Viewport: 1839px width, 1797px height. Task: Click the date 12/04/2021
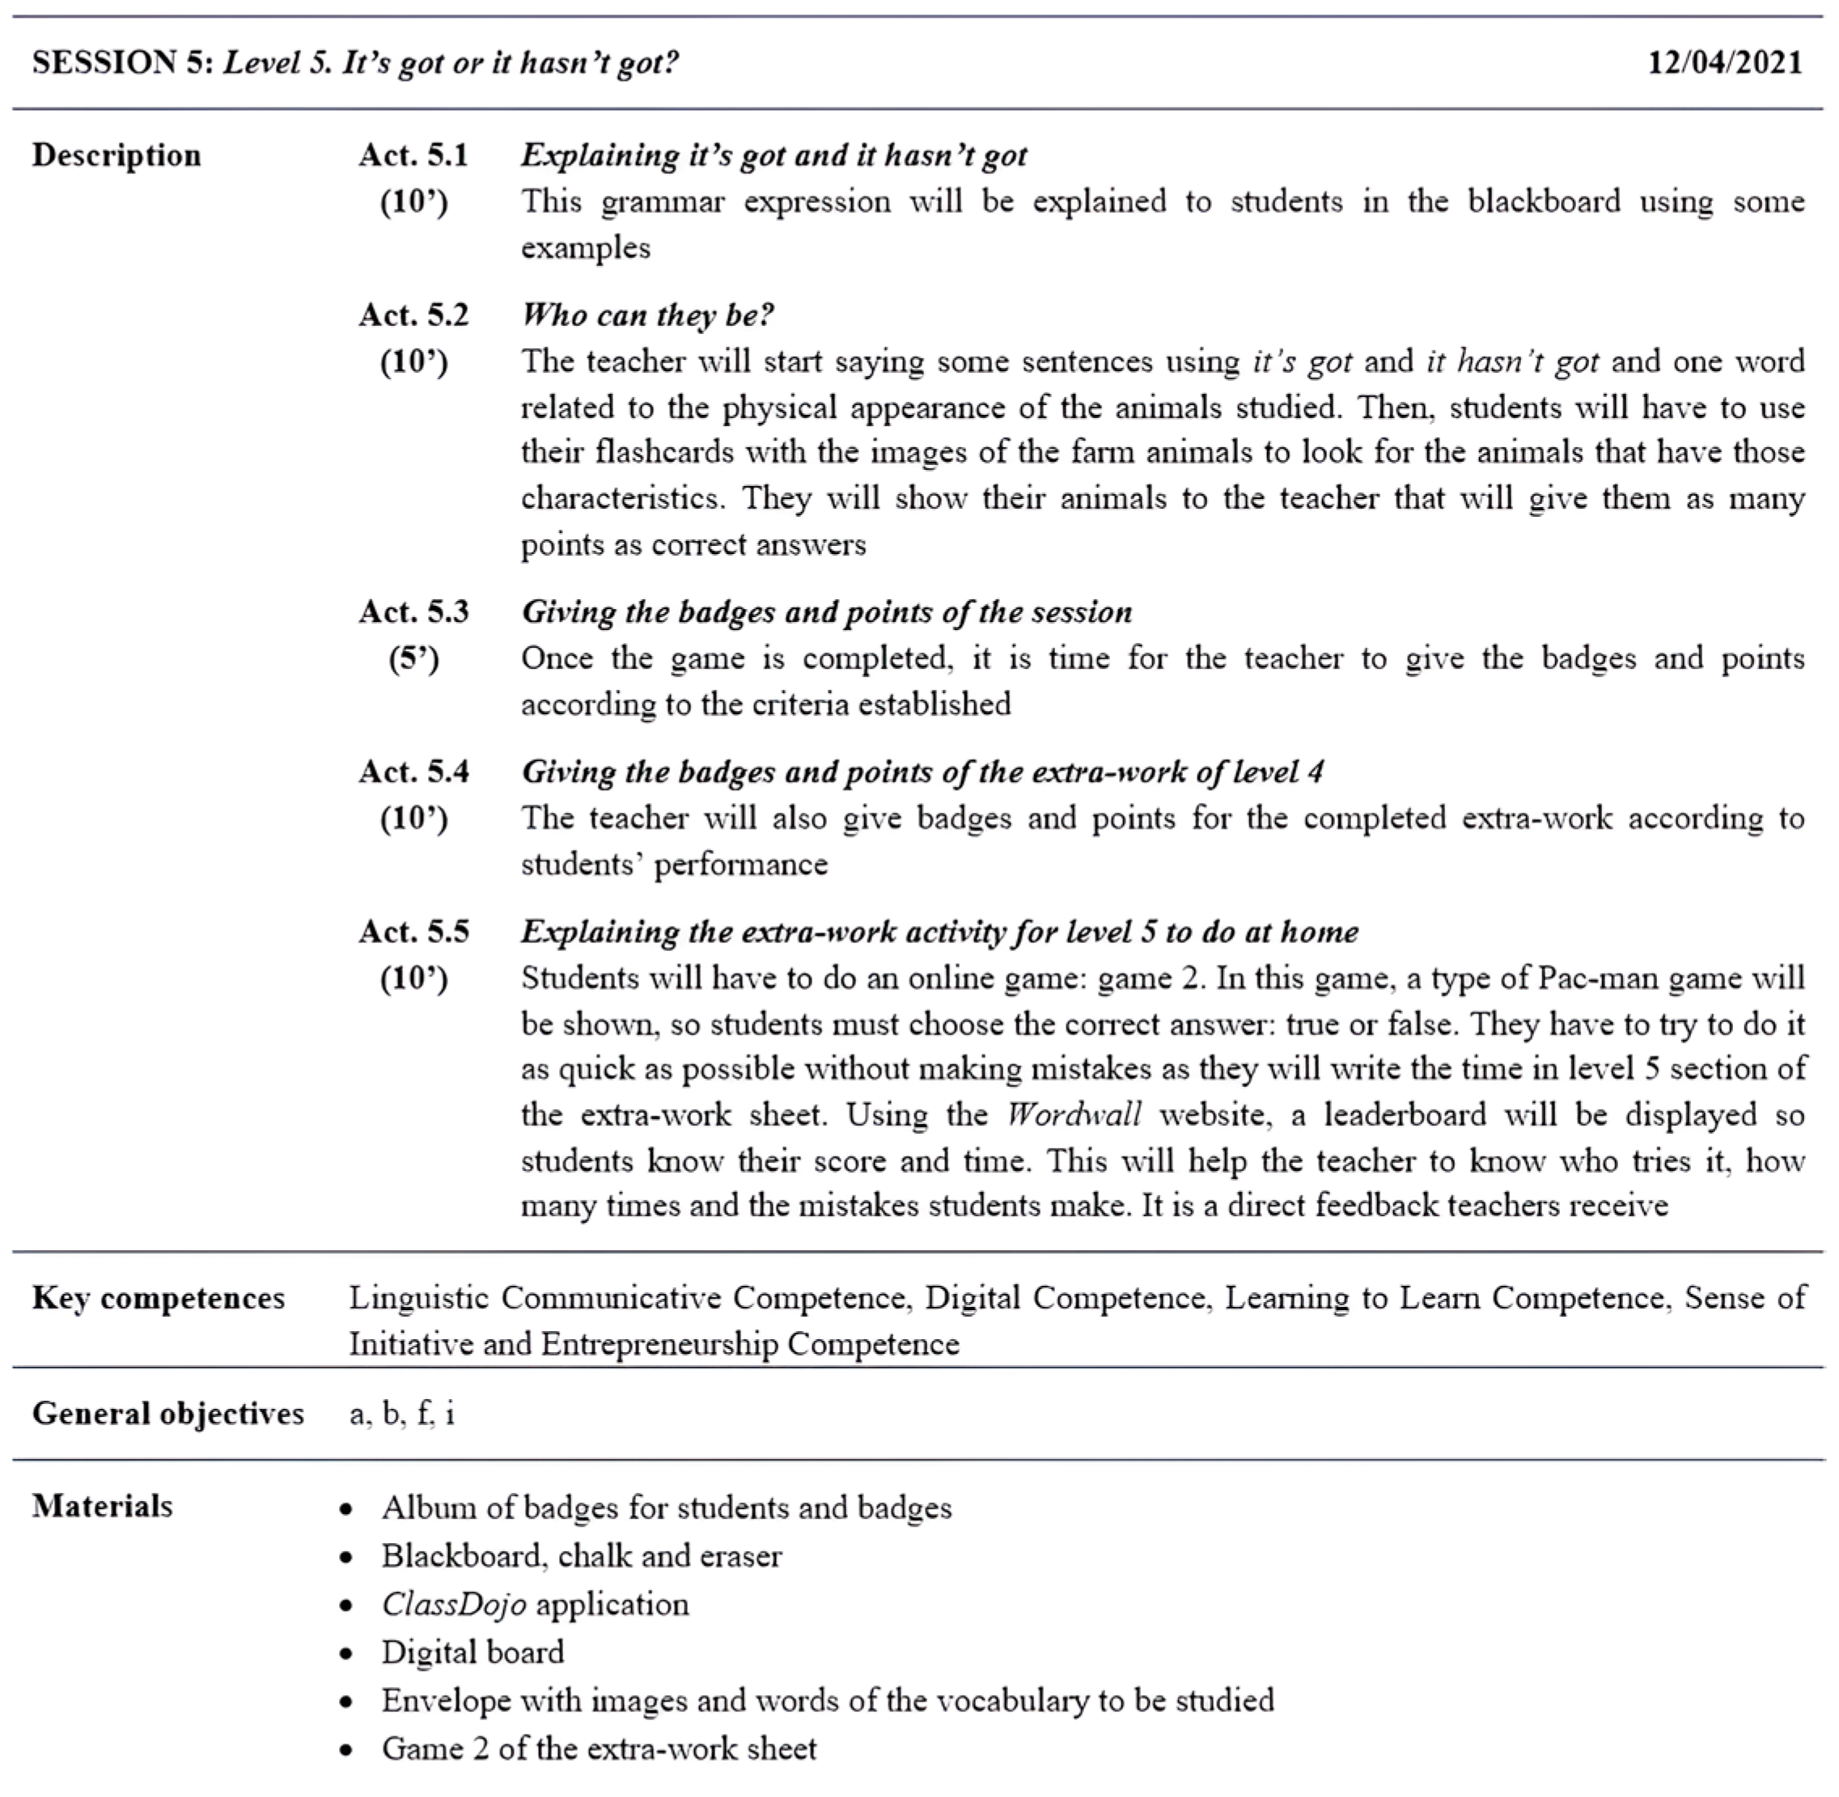(x=1725, y=62)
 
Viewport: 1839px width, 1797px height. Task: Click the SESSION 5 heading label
(x=124, y=62)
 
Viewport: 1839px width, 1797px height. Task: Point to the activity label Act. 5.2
(x=413, y=315)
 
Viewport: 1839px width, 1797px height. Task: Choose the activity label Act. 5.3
(x=413, y=611)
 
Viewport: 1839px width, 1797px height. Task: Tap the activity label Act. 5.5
(x=413, y=932)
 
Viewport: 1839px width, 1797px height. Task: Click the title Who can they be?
(x=647, y=315)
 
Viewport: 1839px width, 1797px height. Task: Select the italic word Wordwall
(x=1074, y=1114)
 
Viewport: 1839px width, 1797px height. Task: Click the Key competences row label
(x=158, y=1298)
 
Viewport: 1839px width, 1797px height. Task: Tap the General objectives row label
(x=168, y=1413)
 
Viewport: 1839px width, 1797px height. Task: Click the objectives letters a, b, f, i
(x=401, y=1413)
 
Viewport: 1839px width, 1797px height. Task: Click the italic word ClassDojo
(x=454, y=1604)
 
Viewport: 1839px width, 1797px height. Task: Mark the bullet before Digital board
(x=347, y=1654)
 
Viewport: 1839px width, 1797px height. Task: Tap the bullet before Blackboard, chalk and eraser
(x=347, y=1558)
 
